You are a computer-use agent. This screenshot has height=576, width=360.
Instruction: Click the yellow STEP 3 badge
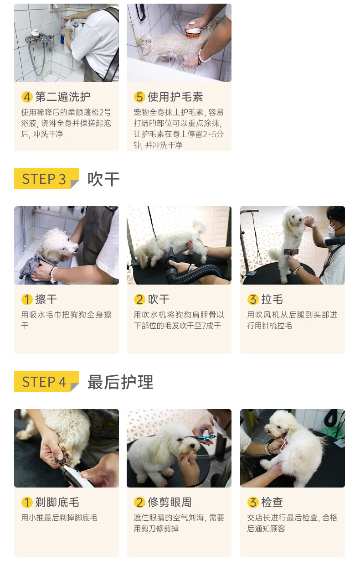point(46,178)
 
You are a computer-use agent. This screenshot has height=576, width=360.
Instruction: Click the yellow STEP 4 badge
point(46,381)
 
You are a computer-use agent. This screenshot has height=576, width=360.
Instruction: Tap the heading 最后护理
point(120,382)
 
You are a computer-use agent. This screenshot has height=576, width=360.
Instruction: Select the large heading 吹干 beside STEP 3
point(103,179)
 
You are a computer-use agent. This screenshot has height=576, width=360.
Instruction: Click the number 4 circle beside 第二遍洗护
point(27,97)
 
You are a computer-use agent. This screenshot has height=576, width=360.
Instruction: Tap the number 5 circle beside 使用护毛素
point(139,97)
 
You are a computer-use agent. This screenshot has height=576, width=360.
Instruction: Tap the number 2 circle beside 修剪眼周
point(139,502)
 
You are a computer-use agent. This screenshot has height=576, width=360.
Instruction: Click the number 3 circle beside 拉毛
point(253,299)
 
